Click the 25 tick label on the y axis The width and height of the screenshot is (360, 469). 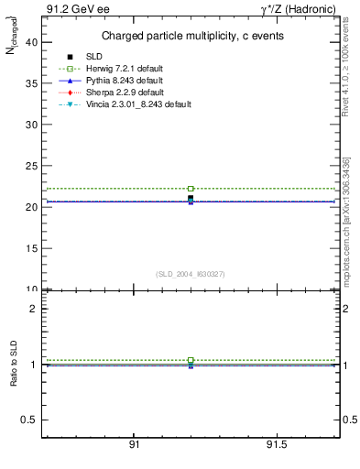point(31,166)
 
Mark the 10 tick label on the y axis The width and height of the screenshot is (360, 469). point(31,289)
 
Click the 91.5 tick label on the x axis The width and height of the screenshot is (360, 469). point(276,444)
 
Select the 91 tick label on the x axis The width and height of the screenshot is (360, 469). point(134,444)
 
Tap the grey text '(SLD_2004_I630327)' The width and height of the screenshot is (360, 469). point(191,273)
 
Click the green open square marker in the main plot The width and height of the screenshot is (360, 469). point(191,189)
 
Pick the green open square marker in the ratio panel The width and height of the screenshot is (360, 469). point(191,360)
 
